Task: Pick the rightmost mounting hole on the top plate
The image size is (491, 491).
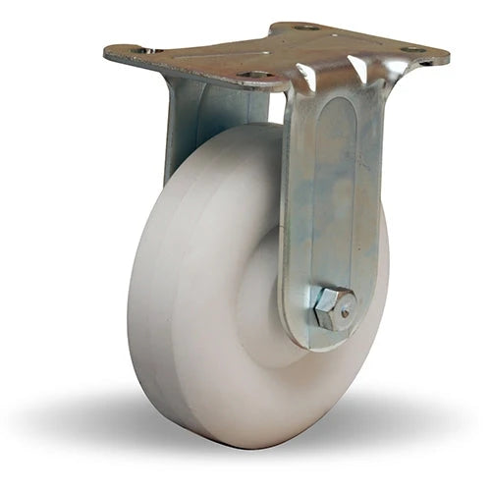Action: [412, 49]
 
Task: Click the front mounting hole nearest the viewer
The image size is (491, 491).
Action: [257, 75]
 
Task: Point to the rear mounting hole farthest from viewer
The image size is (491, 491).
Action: [307, 27]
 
